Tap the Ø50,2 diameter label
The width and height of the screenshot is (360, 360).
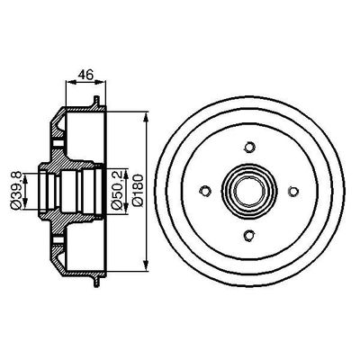(x=115, y=191)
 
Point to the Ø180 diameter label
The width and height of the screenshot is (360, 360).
(x=136, y=191)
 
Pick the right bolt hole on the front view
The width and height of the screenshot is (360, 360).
(x=292, y=189)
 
